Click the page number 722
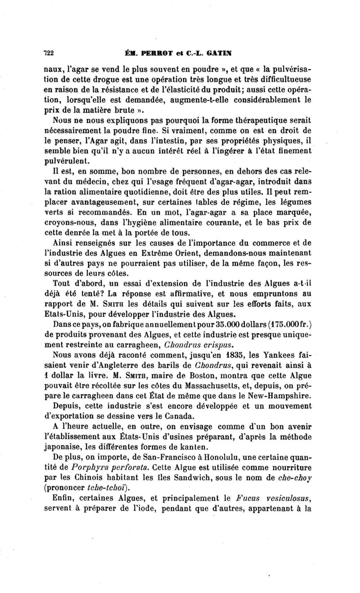click(49, 52)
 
